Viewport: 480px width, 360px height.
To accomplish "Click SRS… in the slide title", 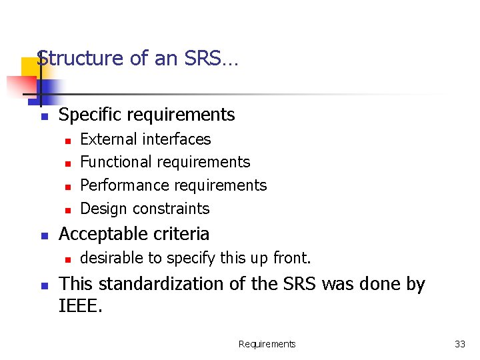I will point(209,59).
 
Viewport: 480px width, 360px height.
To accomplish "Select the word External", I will point(105,139).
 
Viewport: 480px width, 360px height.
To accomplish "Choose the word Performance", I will point(121,185).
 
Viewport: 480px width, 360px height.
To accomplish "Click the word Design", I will point(102,209).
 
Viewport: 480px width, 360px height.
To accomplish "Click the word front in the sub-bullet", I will point(293,258).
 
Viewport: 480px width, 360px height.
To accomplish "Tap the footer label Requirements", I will point(267,344).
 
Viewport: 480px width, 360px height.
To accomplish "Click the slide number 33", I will point(460,344).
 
